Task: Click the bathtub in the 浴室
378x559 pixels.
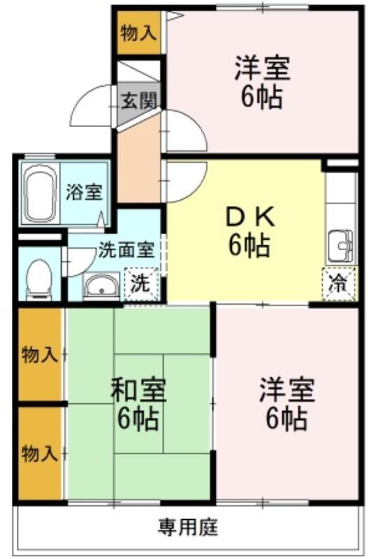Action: point(40,193)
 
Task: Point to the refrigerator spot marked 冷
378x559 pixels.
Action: point(339,284)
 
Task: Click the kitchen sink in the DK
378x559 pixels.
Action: point(340,247)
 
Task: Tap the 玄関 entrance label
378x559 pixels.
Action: point(139,101)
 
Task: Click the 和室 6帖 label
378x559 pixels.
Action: point(138,405)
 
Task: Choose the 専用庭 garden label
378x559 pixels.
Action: point(188,527)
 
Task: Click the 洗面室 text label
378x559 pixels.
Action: point(126,249)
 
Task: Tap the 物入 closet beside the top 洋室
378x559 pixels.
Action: point(139,33)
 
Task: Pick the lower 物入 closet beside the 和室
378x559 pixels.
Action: point(40,453)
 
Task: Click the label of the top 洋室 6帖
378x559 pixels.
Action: point(263,82)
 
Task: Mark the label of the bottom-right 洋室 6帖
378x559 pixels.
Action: point(286,405)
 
